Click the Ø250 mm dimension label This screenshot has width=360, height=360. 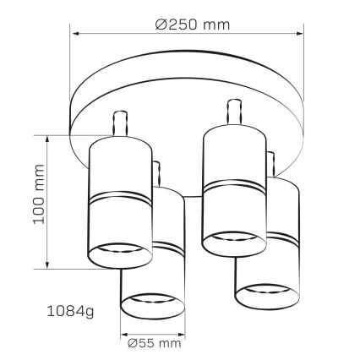(193, 24)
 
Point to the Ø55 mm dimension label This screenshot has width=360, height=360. (152, 343)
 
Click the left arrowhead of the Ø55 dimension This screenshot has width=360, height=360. (124, 332)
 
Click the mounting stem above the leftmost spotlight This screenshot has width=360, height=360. (119, 123)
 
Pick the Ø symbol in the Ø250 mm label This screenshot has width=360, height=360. (161, 24)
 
